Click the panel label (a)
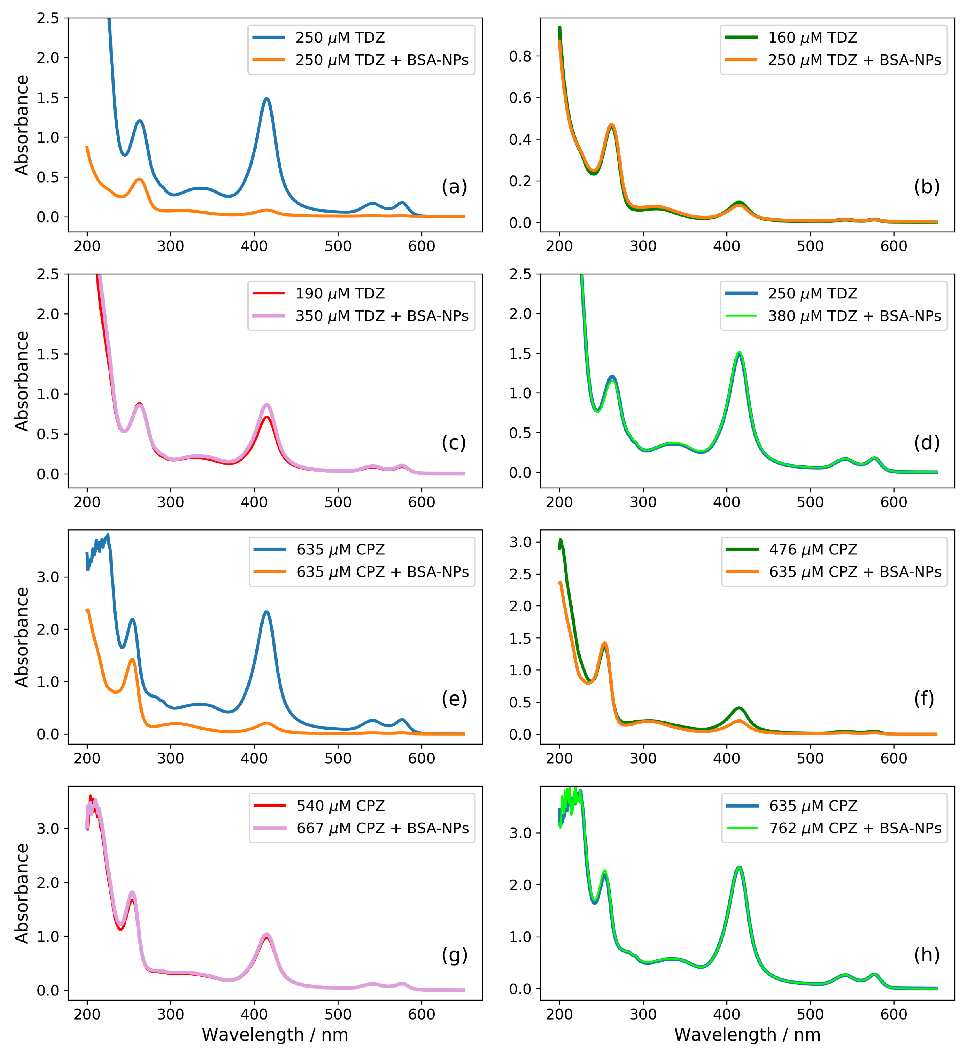(454, 187)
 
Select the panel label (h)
(926, 955)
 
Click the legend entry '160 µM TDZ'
(812, 38)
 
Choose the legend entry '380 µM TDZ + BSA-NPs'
(854, 316)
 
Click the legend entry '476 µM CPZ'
(813, 550)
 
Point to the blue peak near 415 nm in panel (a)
(267, 98)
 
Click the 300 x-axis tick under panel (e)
(170, 758)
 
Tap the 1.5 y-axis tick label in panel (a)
(48, 98)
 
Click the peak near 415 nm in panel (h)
(739, 867)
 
